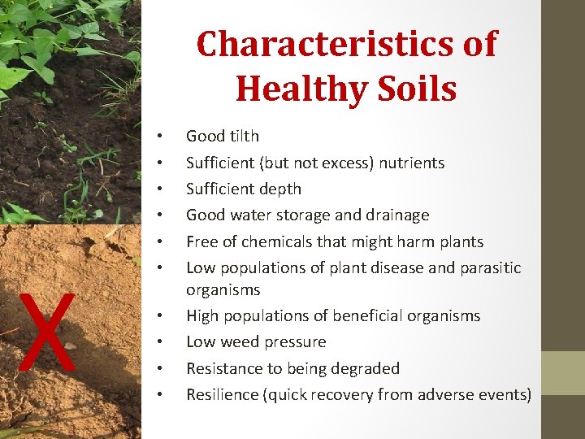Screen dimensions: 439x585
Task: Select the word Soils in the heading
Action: tap(415, 88)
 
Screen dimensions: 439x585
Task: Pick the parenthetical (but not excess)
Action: tap(316, 163)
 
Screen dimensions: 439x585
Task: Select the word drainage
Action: tap(397, 215)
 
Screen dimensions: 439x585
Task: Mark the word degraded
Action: tap(367, 368)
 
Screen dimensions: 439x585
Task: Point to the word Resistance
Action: tap(223, 368)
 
